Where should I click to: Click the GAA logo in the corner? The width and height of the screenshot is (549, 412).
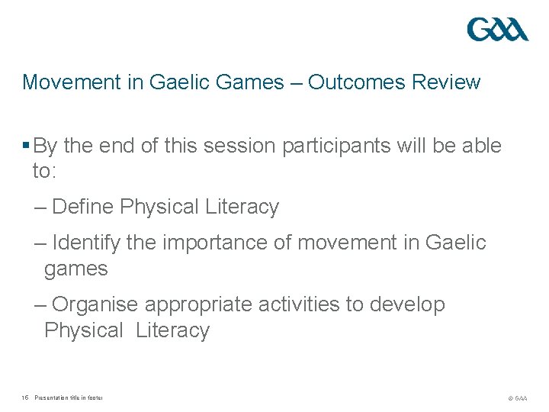[497, 30]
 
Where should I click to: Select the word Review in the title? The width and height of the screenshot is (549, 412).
[446, 82]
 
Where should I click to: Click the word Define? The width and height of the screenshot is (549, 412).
[84, 207]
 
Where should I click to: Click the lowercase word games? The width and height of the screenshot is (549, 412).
[75, 269]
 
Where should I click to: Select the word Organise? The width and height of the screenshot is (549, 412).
[95, 304]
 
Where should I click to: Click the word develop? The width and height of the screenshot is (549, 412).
[407, 304]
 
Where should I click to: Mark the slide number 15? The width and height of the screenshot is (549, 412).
[25, 398]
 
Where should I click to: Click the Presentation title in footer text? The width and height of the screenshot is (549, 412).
[69, 398]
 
